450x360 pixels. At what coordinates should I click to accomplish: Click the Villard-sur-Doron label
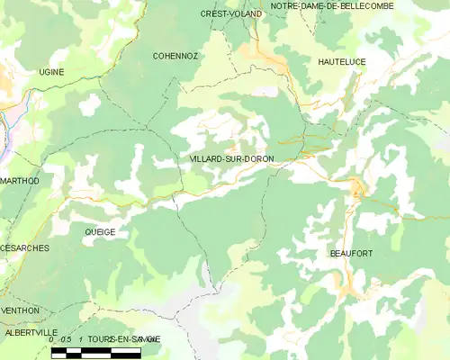[232, 159]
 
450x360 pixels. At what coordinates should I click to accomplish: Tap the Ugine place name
[51, 71]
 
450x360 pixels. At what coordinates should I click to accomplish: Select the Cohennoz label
[175, 55]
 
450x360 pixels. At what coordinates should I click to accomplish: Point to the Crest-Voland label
[231, 14]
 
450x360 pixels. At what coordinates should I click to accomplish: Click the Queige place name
[100, 231]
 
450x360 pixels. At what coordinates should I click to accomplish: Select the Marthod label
[19, 181]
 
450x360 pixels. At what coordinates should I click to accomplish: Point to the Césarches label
[24, 247]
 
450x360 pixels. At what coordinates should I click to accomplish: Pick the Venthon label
[20, 310]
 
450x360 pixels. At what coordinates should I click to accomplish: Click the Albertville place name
[31, 332]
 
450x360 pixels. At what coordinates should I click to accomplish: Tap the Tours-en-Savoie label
[124, 338]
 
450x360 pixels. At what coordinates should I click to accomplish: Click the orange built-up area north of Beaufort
[357, 190]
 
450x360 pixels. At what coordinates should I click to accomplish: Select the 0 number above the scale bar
[51, 339]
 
